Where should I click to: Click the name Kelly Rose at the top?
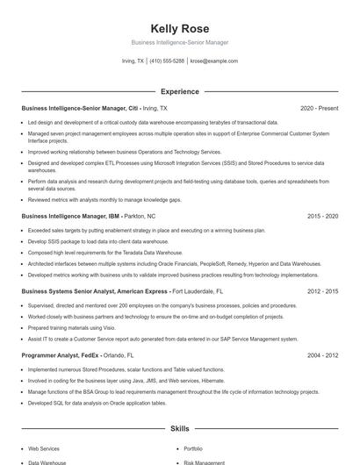pyautogui.click(x=179, y=28)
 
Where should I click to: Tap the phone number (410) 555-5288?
pyautogui.click(x=167, y=61)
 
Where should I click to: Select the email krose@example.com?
pyautogui.click(x=214, y=61)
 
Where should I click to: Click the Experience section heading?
pyautogui.click(x=179, y=91)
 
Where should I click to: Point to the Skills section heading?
pyautogui.click(x=179, y=429)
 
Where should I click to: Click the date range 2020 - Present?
pyautogui.click(x=319, y=108)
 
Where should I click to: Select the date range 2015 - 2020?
pyautogui.click(x=322, y=215)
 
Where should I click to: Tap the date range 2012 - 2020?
pyautogui.click(x=322, y=290)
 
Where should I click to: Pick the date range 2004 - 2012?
pyautogui.click(x=322, y=355)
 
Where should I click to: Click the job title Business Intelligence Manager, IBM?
pyautogui.click(x=69, y=215)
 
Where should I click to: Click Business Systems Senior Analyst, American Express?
pyautogui.click(x=94, y=290)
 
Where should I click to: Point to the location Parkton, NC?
pyautogui.click(x=140, y=215)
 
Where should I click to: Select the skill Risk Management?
pyautogui.click(x=203, y=461)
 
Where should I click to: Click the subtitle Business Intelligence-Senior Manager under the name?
pyautogui.click(x=179, y=42)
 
